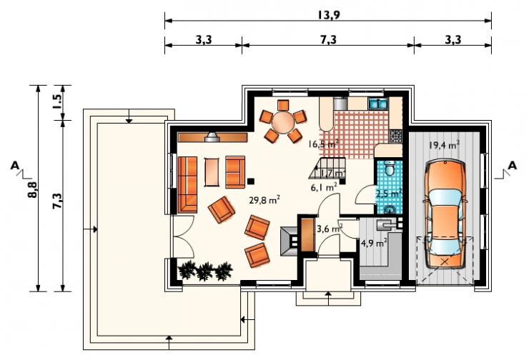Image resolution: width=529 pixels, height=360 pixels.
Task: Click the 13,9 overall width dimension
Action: [x=328, y=15]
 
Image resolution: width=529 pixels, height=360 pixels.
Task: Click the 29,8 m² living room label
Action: [x=264, y=200]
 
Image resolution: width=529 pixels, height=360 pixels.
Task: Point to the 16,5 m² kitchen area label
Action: [x=323, y=144]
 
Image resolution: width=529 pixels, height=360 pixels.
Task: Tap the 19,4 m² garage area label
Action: [x=444, y=145]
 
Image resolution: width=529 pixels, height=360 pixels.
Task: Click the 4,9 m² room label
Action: [x=373, y=243]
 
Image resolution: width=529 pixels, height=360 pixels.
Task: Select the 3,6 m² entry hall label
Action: [x=330, y=229]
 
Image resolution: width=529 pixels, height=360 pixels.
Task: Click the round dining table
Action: [x=283, y=122]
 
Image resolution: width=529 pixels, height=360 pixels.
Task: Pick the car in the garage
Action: [x=445, y=215]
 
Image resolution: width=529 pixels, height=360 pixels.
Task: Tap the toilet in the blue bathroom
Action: [x=390, y=168]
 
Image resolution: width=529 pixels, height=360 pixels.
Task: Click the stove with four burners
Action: [x=396, y=136]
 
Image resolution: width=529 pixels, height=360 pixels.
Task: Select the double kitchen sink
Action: [x=379, y=103]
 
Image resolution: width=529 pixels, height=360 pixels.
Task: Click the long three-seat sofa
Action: [x=187, y=184]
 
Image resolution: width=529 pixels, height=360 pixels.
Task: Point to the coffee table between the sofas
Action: [x=212, y=172]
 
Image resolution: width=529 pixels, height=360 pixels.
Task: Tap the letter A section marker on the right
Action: [x=513, y=166]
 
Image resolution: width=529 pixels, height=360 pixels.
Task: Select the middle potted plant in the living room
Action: [x=204, y=271]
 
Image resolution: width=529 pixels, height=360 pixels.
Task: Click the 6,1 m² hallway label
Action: [x=324, y=187]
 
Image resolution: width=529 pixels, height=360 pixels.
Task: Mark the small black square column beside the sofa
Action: [x=251, y=181]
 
